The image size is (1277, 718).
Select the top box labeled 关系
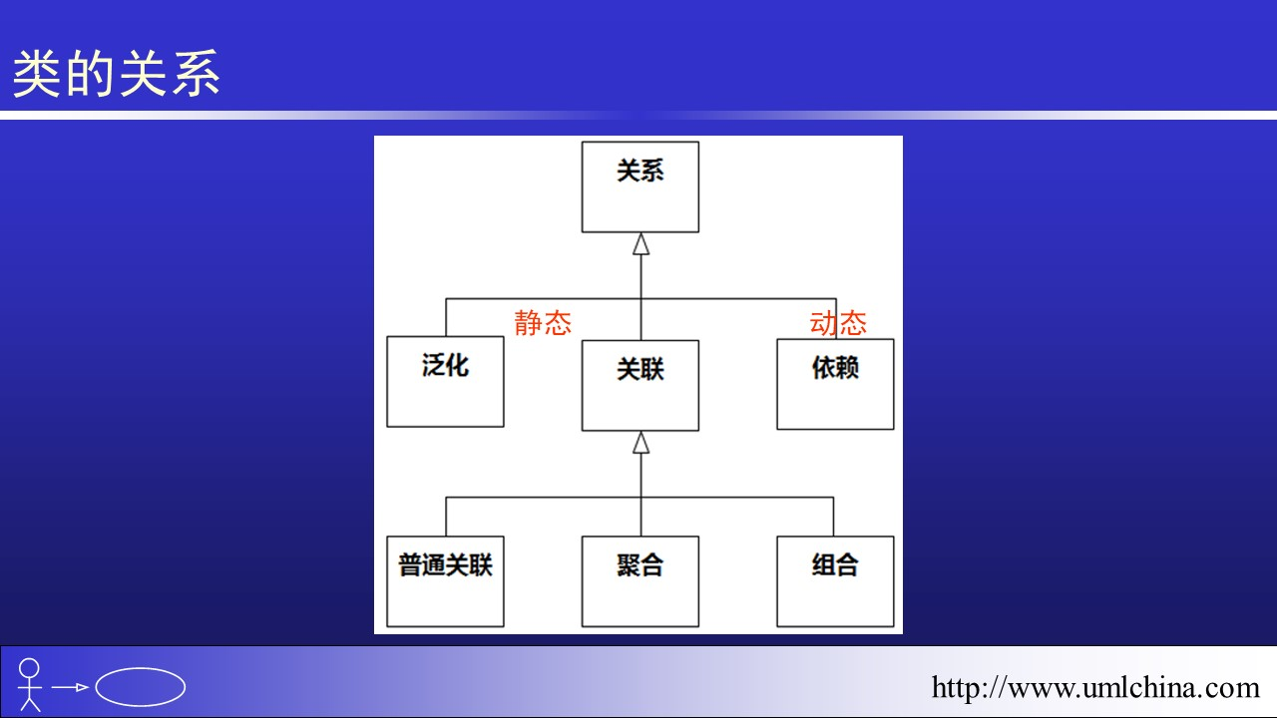[640, 186]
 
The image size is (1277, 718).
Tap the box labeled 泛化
[445, 382]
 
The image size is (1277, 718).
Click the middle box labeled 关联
[640, 385]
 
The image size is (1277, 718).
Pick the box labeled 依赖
[835, 384]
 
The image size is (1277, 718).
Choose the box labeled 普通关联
[445, 581]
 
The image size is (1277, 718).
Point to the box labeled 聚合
[640, 581]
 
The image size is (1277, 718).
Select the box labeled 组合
[835, 581]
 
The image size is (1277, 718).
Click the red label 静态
[543, 323]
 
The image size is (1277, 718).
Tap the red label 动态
[838, 323]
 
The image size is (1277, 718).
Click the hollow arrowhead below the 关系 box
[640, 244]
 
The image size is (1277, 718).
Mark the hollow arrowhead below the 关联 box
[640, 443]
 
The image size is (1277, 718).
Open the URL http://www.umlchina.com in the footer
[1095, 687]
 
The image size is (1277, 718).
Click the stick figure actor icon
[30, 684]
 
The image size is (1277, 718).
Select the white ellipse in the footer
[141, 686]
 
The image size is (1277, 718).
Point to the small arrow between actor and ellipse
[71, 687]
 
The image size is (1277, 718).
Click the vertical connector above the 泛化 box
[446, 317]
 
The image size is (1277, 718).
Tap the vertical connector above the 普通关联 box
[446, 517]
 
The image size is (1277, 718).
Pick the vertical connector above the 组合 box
[834, 517]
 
